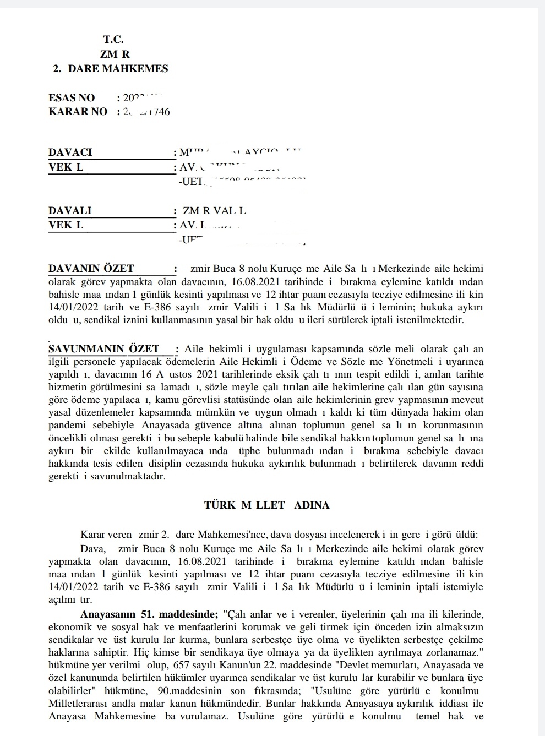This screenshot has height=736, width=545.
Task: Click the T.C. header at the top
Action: click(x=113, y=40)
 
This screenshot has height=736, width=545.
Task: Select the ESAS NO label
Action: click(x=72, y=98)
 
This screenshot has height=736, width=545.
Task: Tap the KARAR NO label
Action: click(x=78, y=112)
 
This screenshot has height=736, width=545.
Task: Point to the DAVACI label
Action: click(x=70, y=152)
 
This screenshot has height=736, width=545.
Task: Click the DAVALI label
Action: click(x=70, y=211)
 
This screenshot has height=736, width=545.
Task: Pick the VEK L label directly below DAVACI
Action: click(x=66, y=167)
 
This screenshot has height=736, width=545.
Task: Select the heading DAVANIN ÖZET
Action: click(x=91, y=269)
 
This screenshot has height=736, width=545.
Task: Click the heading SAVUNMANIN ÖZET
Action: click(x=104, y=349)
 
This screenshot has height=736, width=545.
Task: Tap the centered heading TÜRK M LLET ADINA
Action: click(x=266, y=505)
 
